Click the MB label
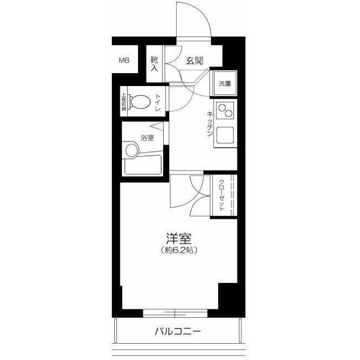tap(124, 60)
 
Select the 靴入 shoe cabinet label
tap(154, 63)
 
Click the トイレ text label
tap(158, 103)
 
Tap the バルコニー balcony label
tap(178, 331)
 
